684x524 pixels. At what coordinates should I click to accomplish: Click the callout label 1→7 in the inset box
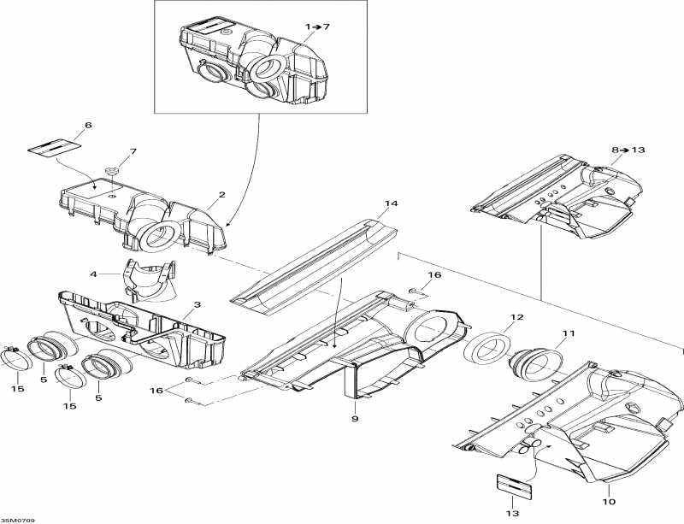[x=317, y=26]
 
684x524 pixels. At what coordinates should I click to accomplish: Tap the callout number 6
[x=88, y=125]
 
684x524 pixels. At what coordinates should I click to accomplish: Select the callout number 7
[x=133, y=151]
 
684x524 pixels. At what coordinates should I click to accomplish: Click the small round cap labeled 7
[x=113, y=170]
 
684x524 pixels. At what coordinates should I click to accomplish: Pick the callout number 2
[x=222, y=195]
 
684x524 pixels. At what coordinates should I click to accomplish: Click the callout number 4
[x=93, y=274]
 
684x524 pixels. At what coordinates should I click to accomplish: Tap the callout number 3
[x=198, y=304]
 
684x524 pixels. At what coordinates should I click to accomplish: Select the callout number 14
[x=392, y=203]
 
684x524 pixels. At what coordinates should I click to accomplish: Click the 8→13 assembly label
[x=628, y=150]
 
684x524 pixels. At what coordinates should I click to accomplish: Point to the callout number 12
[x=516, y=317]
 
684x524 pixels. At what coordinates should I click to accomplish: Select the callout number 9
[x=355, y=419]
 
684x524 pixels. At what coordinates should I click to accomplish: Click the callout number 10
[x=609, y=502]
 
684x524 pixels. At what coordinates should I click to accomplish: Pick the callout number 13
[x=512, y=514]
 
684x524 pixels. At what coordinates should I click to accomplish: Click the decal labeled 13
[x=515, y=486]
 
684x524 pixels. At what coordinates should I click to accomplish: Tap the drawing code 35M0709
[x=18, y=521]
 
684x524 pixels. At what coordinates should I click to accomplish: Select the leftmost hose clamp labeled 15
[x=17, y=358]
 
